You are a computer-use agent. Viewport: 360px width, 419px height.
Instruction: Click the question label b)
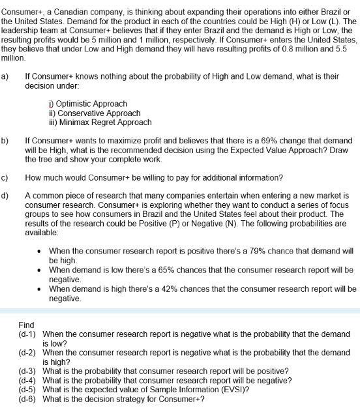coord(5,140)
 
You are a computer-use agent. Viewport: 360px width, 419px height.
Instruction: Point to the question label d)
coord(5,195)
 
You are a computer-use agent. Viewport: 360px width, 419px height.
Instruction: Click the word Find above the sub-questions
coord(27,325)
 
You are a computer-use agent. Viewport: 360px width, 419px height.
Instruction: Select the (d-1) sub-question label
coord(27,334)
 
